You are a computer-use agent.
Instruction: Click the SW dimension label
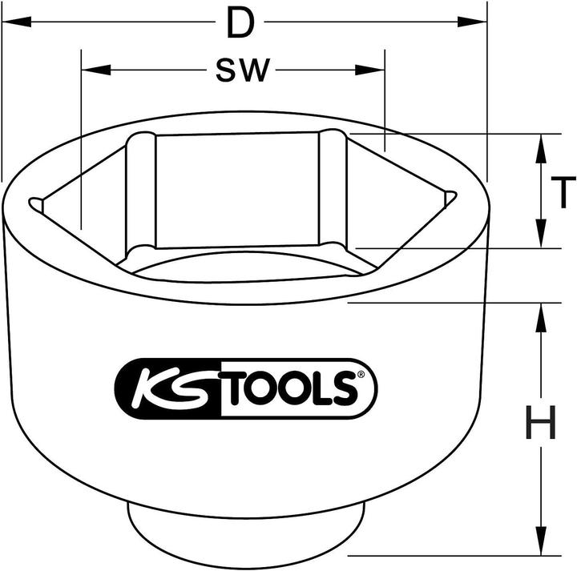tap(242, 71)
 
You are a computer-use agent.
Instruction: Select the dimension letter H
tap(541, 423)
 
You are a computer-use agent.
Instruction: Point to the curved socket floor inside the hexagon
tap(240, 267)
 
